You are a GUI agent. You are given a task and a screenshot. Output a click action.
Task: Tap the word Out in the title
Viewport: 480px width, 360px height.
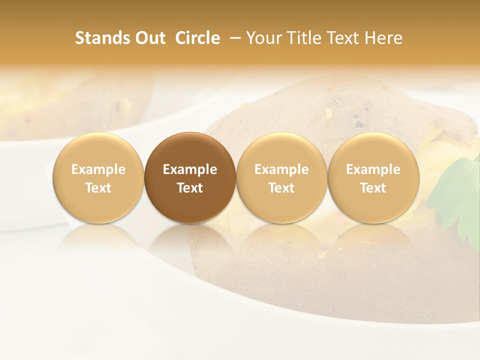coord(150,38)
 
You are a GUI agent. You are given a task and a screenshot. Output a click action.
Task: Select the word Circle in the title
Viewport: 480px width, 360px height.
coord(197,38)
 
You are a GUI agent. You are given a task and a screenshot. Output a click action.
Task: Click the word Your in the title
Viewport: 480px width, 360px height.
coord(262,38)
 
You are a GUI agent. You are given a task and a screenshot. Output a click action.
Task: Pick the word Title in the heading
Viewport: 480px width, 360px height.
coord(303,38)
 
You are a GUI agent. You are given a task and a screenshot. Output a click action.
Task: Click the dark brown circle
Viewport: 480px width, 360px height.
coord(190,150)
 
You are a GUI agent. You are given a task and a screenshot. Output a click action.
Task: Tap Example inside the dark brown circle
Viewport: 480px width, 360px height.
coord(190,169)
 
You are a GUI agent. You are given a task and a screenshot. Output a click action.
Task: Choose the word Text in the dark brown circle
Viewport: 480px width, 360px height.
coord(190,188)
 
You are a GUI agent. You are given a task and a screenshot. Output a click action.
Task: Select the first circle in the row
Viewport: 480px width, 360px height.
coord(98,150)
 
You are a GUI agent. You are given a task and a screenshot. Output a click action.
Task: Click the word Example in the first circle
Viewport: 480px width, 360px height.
coord(98,169)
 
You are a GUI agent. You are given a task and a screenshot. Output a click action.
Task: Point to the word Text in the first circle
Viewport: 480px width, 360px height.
coord(98,188)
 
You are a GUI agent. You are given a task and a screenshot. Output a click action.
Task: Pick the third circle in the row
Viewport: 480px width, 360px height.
coord(281,150)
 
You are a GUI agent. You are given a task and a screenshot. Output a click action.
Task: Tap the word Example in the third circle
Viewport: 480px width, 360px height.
coord(281,169)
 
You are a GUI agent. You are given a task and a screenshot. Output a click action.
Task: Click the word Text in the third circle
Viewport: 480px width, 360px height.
coord(281,188)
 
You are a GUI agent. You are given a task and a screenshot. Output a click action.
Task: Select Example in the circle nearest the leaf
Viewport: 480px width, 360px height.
coord(373,169)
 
